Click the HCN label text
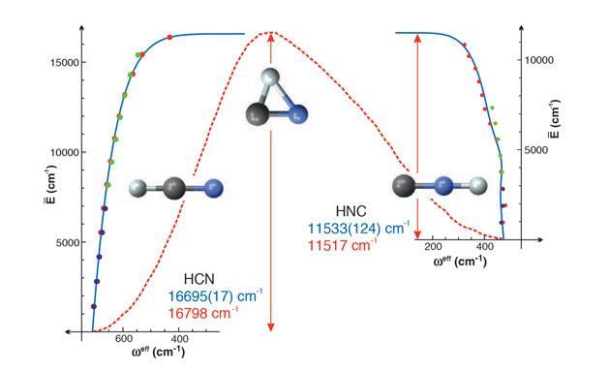pyautogui.click(x=200, y=276)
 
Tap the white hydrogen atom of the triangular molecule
pyautogui.click(x=271, y=78)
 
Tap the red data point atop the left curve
pyautogui.click(x=169, y=37)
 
